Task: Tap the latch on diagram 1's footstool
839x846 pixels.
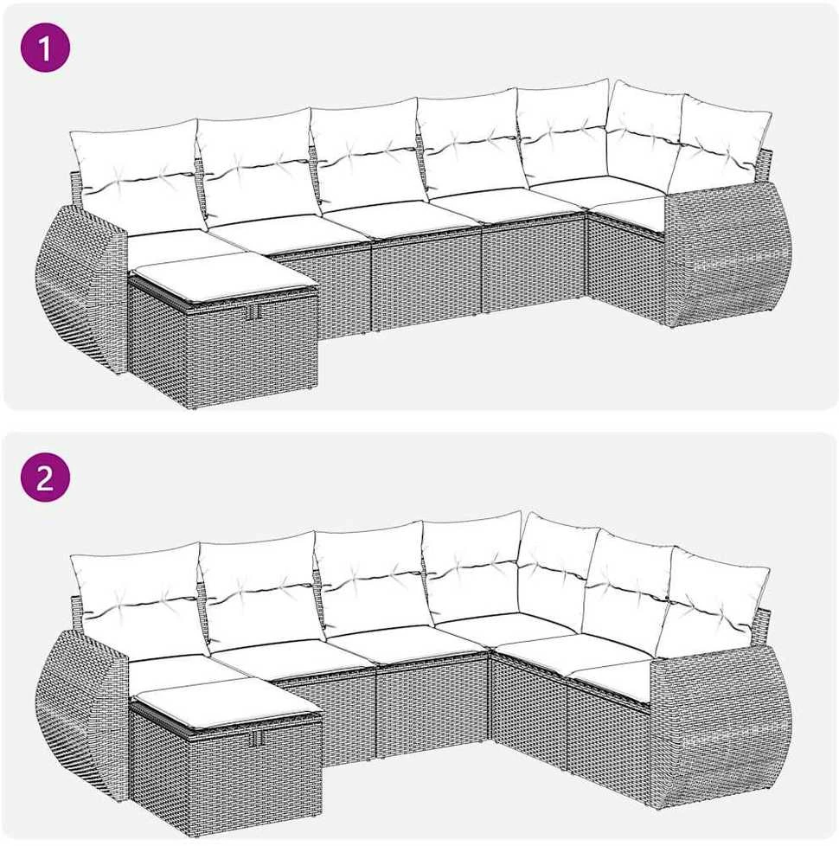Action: pyautogui.click(x=253, y=311)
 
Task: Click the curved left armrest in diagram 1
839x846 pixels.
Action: pyautogui.click(x=81, y=286)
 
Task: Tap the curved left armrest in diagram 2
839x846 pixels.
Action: pyautogui.click(x=81, y=712)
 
